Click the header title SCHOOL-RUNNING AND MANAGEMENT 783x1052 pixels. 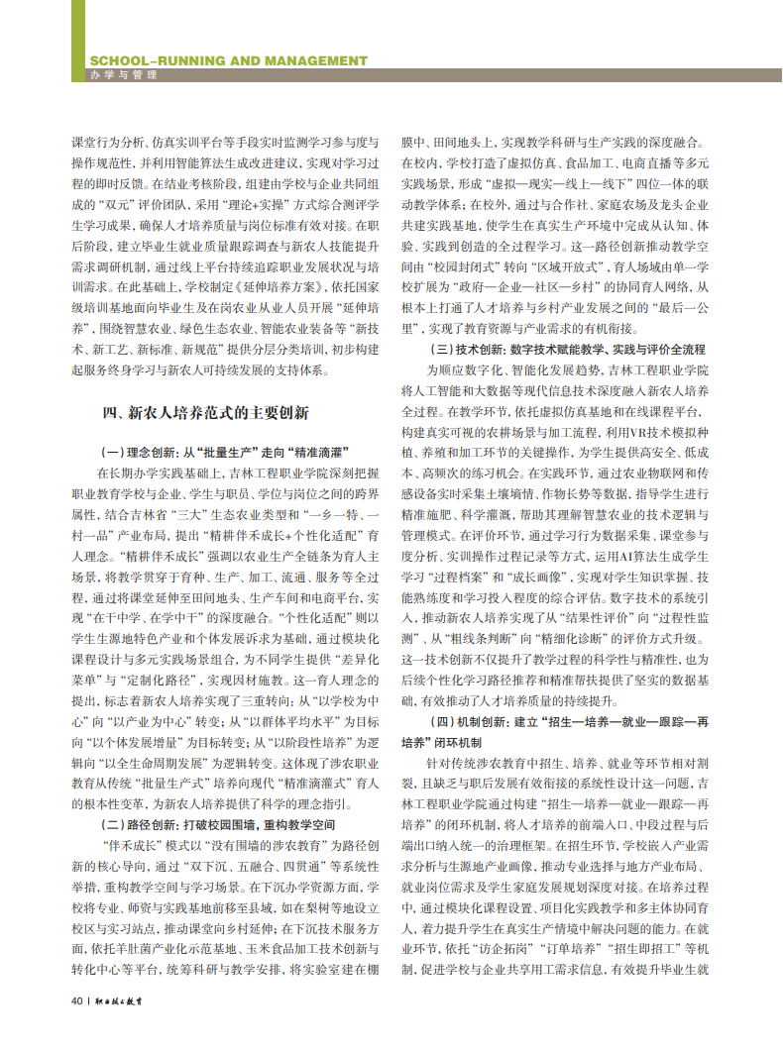pyautogui.click(x=228, y=60)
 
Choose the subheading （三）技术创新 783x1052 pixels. pyautogui.click(x=566, y=349)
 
